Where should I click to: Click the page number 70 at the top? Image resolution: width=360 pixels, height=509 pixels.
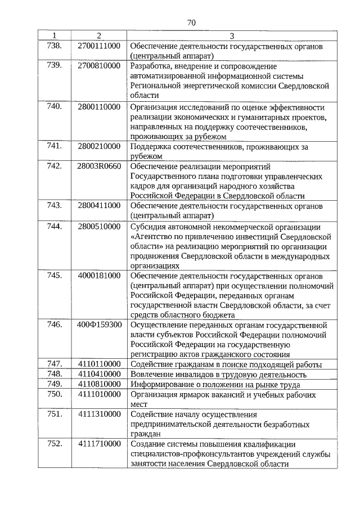coord(191,22)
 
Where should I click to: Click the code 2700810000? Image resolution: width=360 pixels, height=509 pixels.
coord(99,66)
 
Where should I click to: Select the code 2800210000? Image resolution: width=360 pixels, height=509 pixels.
coord(99,146)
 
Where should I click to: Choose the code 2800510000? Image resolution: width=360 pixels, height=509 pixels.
coord(99,227)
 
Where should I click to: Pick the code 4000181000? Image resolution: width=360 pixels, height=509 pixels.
coord(99,276)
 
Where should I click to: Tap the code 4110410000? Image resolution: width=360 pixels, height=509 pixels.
coord(99,375)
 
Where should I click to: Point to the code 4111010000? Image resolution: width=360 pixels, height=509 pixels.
coord(99,394)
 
